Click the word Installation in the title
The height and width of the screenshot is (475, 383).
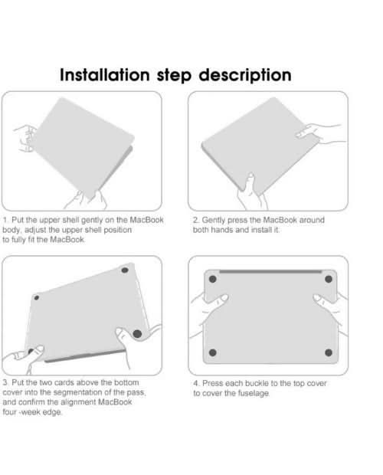point(104,74)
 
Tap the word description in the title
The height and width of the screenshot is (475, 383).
point(245,75)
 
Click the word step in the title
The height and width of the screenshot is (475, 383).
point(174,76)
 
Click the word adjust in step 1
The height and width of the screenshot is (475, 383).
point(34,230)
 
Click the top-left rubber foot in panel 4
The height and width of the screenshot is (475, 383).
point(212,279)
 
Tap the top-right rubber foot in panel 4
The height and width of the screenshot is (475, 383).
point(329,279)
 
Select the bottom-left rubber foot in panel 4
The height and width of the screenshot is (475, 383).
point(212,352)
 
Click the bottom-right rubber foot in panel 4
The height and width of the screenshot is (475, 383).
point(329,352)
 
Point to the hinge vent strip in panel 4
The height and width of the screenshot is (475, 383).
point(270,272)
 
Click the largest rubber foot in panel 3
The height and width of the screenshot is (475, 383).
point(137,333)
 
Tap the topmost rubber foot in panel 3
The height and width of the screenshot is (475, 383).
point(124,270)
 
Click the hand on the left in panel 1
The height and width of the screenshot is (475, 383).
point(25,138)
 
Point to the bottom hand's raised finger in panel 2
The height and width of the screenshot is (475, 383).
point(250,182)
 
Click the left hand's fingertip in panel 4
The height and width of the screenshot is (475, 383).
point(224,297)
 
